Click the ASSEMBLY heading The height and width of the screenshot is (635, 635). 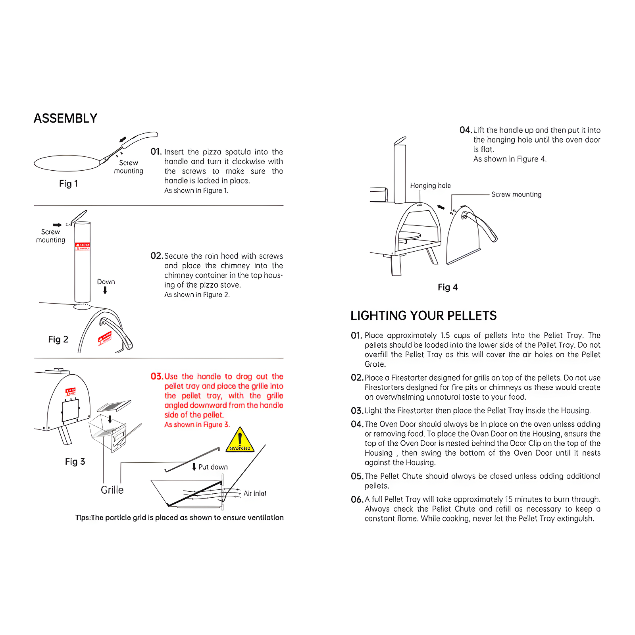[65, 118]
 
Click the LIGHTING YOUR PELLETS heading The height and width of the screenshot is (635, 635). [423, 316]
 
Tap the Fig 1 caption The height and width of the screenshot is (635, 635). [68, 183]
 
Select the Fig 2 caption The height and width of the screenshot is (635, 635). [58, 339]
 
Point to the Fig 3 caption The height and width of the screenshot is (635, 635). [75, 462]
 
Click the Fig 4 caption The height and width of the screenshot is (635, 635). [448, 287]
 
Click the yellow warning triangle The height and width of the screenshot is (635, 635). [240, 441]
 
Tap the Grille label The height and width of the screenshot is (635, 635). [112, 490]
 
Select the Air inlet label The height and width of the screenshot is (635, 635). [255, 493]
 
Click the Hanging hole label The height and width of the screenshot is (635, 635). [430, 185]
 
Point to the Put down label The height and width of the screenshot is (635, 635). [213, 467]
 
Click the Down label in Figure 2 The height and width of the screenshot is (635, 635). [106, 282]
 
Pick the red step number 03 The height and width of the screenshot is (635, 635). [157, 376]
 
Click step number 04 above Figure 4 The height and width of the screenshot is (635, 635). [465, 130]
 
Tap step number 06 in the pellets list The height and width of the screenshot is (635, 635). [357, 499]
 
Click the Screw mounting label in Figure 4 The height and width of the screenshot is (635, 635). [516, 194]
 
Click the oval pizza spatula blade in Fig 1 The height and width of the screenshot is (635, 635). [67, 163]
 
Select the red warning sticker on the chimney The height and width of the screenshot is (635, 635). [83, 246]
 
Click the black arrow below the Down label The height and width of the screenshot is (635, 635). [105, 290]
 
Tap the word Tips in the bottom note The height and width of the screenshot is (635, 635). [83, 518]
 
